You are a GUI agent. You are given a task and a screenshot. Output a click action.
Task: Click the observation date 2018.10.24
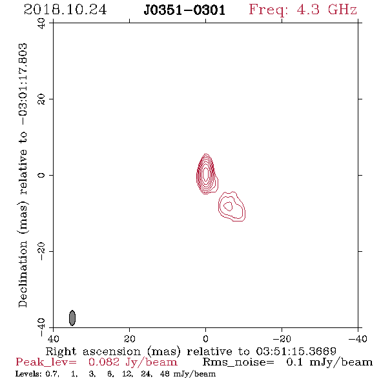click(x=65, y=10)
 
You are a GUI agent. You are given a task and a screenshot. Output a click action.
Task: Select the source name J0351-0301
click(x=184, y=10)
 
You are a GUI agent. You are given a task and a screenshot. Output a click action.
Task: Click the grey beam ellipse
click(x=72, y=318)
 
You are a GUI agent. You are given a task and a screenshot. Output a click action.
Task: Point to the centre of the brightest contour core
click(x=205, y=174)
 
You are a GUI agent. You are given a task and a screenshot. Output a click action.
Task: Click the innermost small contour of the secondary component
click(x=228, y=206)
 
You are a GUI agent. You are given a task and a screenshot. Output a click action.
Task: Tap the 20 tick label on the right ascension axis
click(x=129, y=339)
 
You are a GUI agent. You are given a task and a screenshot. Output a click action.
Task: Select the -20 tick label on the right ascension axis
click(x=282, y=339)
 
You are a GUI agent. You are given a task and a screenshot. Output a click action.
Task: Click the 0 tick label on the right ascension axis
click(x=205, y=339)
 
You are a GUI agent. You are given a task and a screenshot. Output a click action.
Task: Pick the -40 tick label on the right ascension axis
click(x=358, y=339)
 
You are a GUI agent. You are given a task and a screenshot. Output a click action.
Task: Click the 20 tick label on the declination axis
click(x=41, y=99)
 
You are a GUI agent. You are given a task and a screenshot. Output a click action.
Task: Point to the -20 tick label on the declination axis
click(x=41, y=251)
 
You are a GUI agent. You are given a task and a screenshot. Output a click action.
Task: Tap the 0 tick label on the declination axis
click(x=41, y=175)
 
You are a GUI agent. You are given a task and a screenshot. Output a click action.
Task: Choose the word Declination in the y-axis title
click(x=23, y=274)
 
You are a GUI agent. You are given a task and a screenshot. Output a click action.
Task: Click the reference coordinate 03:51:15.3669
click(x=296, y=351)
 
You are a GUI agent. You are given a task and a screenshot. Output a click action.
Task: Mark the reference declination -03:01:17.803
click(x=23, y=85)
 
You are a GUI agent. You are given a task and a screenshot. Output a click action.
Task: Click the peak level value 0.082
click(x=104, y=362)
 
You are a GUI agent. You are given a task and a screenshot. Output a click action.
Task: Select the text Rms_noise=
click(x=238, y=362)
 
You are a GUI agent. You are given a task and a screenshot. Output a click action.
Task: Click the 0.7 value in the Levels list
click(x=52, y=374)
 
